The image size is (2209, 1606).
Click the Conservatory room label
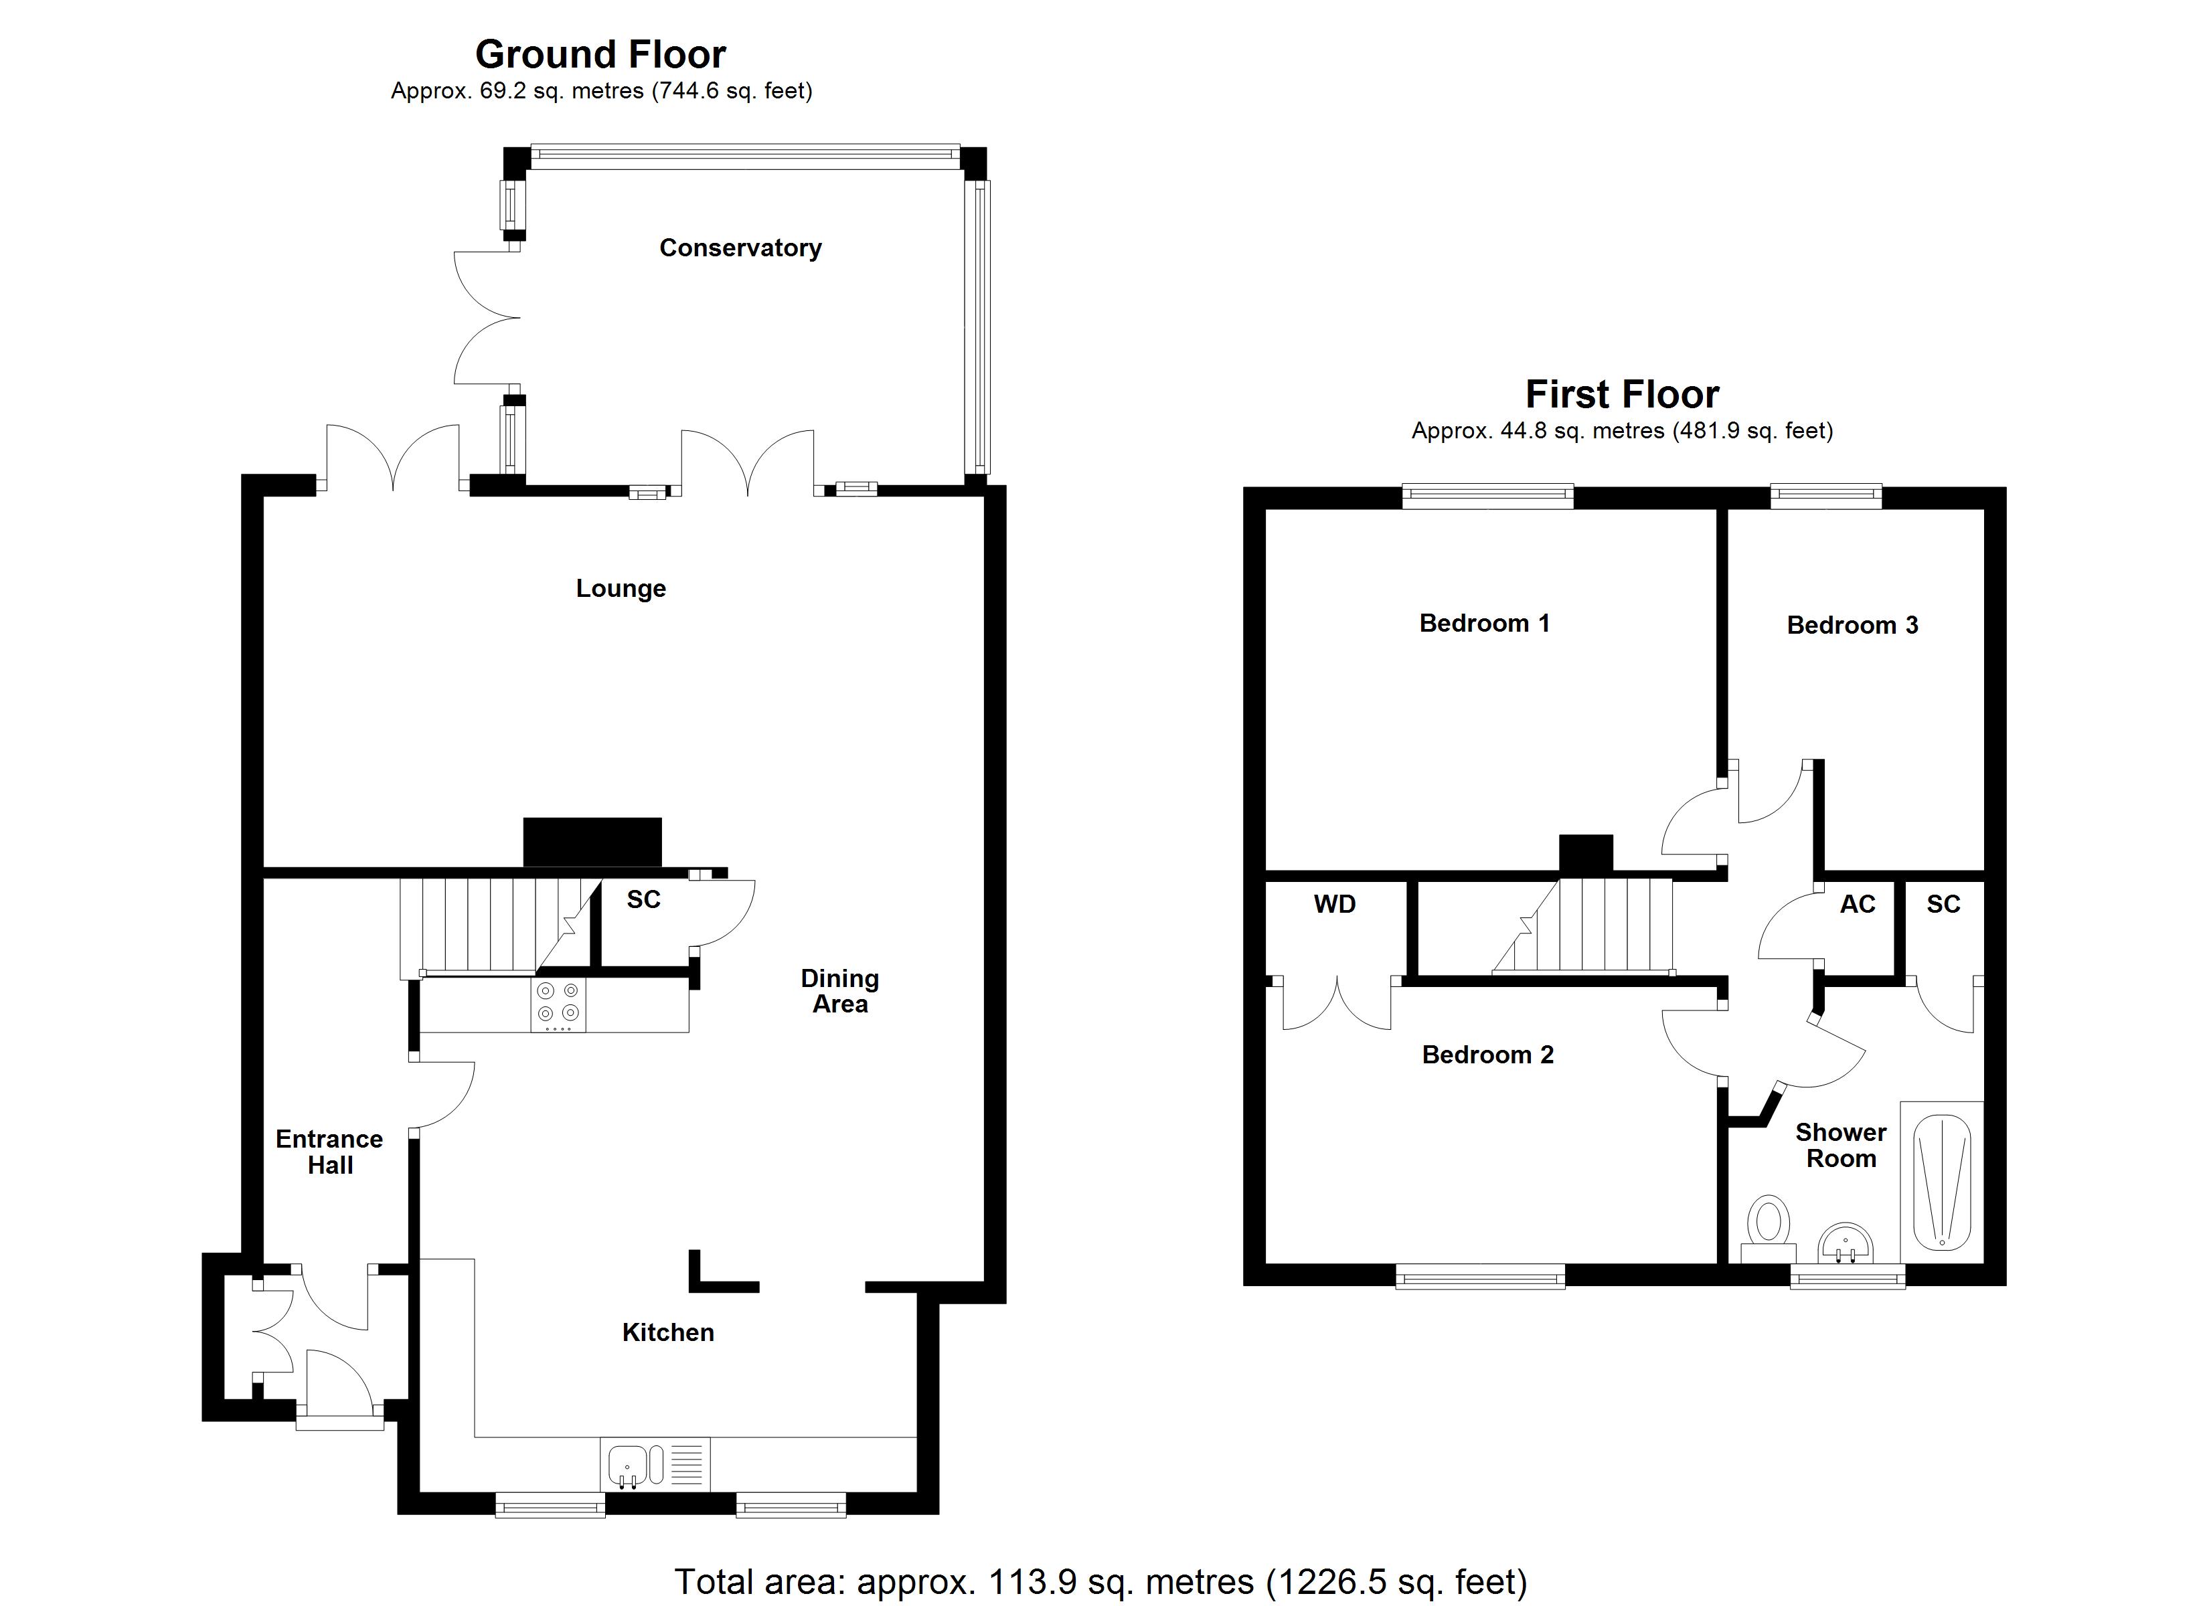[x=740, y=248]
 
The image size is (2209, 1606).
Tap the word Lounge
[x=621, y=588]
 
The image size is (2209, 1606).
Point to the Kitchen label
[x=668, y=1332]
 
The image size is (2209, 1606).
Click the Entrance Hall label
[x=329, y=1152]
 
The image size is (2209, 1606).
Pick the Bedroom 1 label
[x=1484, y=623]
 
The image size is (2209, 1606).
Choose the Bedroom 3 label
[x=1852, y=625]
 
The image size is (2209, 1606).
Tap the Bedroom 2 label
[x=1488, y=1055]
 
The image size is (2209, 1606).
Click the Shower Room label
[x=1841, y=1146]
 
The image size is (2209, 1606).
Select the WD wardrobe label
[x=1334, y=905]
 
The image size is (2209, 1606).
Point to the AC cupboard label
[x=1858, y=905]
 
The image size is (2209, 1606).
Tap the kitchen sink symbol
[x=655, y=1465]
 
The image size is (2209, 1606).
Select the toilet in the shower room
[x=1768, y=1229]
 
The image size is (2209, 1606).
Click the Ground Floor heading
[x=601, y=55]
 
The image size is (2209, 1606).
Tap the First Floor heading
[x=1623, y=394]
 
